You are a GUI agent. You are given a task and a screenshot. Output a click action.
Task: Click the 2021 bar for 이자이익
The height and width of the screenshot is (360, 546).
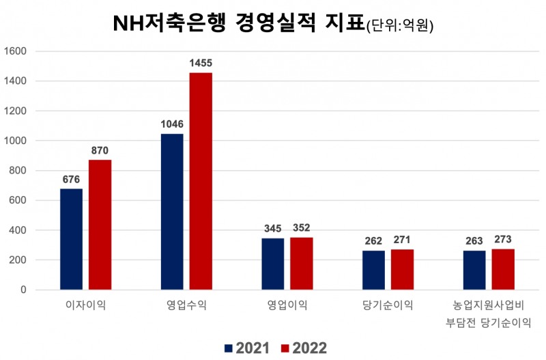71,239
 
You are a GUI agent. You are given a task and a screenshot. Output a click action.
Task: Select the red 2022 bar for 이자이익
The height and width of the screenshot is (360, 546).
100,225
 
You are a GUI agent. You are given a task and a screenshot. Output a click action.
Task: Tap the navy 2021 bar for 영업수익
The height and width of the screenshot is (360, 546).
172,212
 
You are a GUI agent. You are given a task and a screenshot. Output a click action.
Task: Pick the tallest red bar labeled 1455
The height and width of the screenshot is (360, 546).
201,181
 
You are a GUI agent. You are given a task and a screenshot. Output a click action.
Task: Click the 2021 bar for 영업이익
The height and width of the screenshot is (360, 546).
272,264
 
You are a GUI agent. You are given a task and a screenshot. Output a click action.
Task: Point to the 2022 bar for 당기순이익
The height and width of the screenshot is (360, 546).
402,269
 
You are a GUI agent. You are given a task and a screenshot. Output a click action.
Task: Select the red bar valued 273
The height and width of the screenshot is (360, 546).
503,269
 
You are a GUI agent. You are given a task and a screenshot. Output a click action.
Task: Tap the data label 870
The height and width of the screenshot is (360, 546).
100,150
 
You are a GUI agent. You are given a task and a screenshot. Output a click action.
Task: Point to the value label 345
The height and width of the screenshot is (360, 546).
272,228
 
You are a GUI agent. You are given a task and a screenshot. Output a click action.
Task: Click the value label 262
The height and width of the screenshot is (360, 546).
373,240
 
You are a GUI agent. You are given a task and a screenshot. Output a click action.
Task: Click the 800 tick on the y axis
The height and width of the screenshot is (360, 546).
18,171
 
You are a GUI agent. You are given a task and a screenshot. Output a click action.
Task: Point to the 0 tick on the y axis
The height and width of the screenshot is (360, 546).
23,290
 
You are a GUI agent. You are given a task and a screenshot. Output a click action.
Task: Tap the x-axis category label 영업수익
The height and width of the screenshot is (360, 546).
186,304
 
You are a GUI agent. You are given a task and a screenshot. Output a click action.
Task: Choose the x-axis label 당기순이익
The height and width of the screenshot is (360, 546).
388,304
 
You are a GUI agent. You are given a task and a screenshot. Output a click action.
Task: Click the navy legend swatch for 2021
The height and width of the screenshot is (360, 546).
228,348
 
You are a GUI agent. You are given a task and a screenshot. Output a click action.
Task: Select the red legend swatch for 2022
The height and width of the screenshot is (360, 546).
285,348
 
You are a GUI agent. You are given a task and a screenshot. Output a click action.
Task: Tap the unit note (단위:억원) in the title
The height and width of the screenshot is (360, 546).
400,27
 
